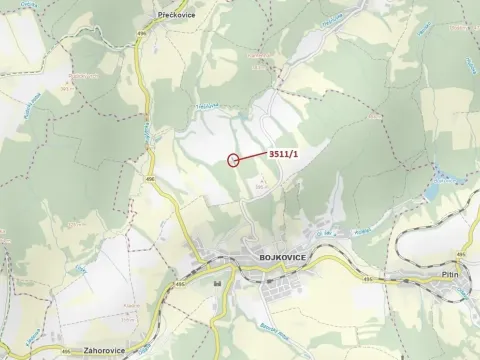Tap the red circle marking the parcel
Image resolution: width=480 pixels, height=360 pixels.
(x=234, y=159)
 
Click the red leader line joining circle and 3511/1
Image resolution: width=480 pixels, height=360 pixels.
(x=252, y=156)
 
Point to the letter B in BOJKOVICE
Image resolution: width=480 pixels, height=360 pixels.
(x=244, y=258)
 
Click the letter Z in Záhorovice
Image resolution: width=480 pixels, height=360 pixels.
(x=87, y=351)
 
